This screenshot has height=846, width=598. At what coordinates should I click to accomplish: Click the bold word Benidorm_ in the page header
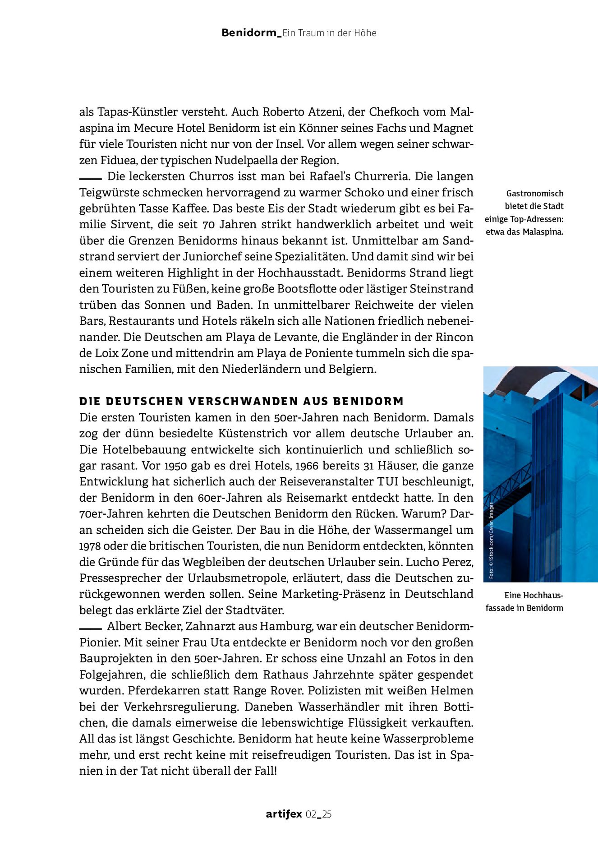point(251,33)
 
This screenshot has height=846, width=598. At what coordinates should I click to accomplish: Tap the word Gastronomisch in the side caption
point(534,194)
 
